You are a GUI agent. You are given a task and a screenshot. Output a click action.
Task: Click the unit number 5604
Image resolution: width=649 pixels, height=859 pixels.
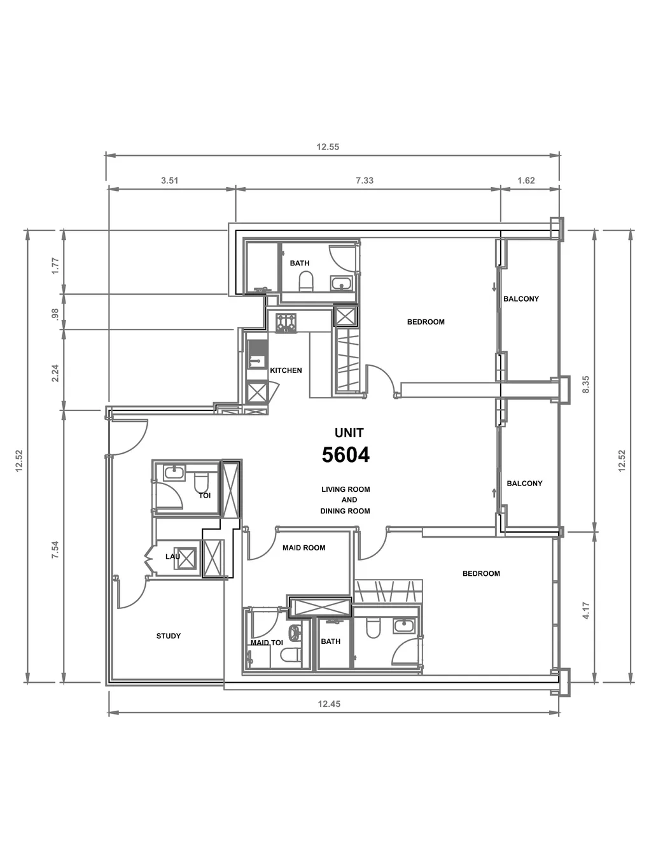pos(345,455)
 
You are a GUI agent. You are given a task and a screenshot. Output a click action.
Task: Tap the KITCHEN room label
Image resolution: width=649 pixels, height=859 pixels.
pos(286,370)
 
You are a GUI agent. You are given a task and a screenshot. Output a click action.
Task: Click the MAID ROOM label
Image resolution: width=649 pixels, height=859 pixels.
pos(304,548)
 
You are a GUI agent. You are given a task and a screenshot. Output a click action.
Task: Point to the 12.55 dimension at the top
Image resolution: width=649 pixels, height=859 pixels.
pos(328,147)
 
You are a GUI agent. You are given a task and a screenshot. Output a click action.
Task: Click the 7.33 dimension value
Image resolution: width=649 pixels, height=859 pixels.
pos(365,181)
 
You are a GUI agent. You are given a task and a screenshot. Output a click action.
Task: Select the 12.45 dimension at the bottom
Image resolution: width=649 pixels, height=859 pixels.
pos(329,704)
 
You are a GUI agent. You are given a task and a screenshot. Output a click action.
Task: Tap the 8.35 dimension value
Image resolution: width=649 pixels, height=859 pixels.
pos(585,385)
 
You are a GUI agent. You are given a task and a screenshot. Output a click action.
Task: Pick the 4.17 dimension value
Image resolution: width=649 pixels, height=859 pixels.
pos(585,610)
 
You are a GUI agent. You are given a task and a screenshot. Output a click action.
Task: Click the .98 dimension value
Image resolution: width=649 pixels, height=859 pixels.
pos(55,314)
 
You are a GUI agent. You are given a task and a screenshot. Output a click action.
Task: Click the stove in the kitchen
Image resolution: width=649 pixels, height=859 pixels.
pos(286,323)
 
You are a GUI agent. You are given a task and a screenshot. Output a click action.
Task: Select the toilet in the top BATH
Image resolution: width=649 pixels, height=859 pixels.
pos(306,282)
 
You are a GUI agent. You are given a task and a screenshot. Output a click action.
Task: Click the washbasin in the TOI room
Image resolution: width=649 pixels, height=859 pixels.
pos(174,473)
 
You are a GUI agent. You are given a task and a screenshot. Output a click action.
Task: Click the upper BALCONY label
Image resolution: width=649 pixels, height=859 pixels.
pos(521,299)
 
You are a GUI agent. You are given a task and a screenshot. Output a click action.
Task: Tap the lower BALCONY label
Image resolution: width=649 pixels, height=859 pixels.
pos(524,484)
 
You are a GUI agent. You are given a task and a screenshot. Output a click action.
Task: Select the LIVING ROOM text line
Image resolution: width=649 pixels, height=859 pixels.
pos(346,489)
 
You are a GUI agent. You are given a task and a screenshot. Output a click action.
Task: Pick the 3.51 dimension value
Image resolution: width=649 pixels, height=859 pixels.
pos(170,181)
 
